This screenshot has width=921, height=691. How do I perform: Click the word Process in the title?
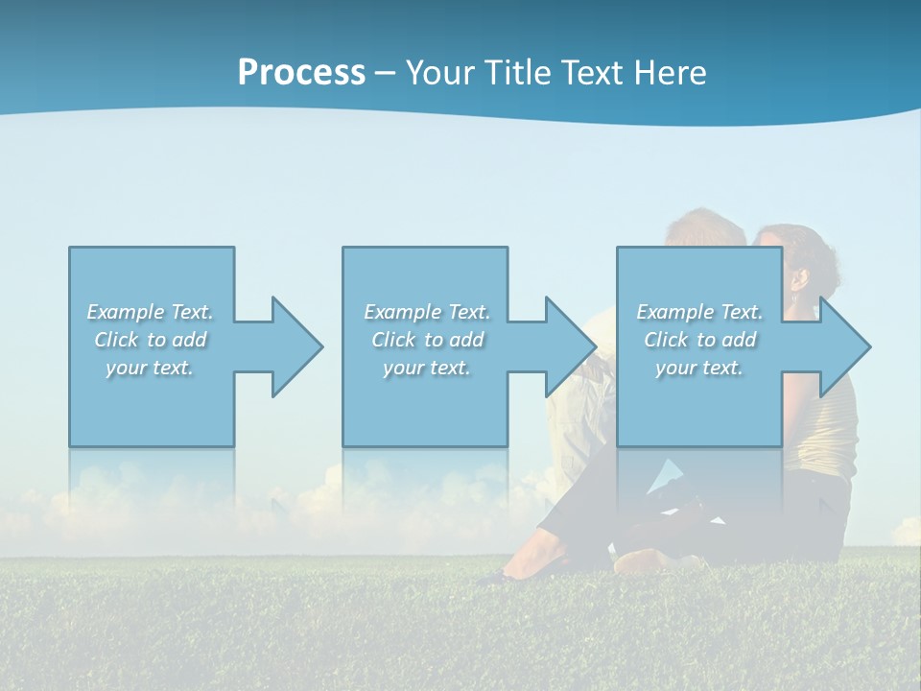click(301, 72)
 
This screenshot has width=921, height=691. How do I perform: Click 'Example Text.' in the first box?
click(150, 312)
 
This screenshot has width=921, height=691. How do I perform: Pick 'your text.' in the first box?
click(150, 368)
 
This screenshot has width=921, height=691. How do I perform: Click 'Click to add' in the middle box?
click(427, 340)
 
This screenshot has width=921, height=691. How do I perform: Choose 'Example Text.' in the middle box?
click(427, 312)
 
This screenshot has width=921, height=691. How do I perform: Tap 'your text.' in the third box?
click(699, 368)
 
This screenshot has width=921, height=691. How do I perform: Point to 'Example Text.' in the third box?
click(699, 312)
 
